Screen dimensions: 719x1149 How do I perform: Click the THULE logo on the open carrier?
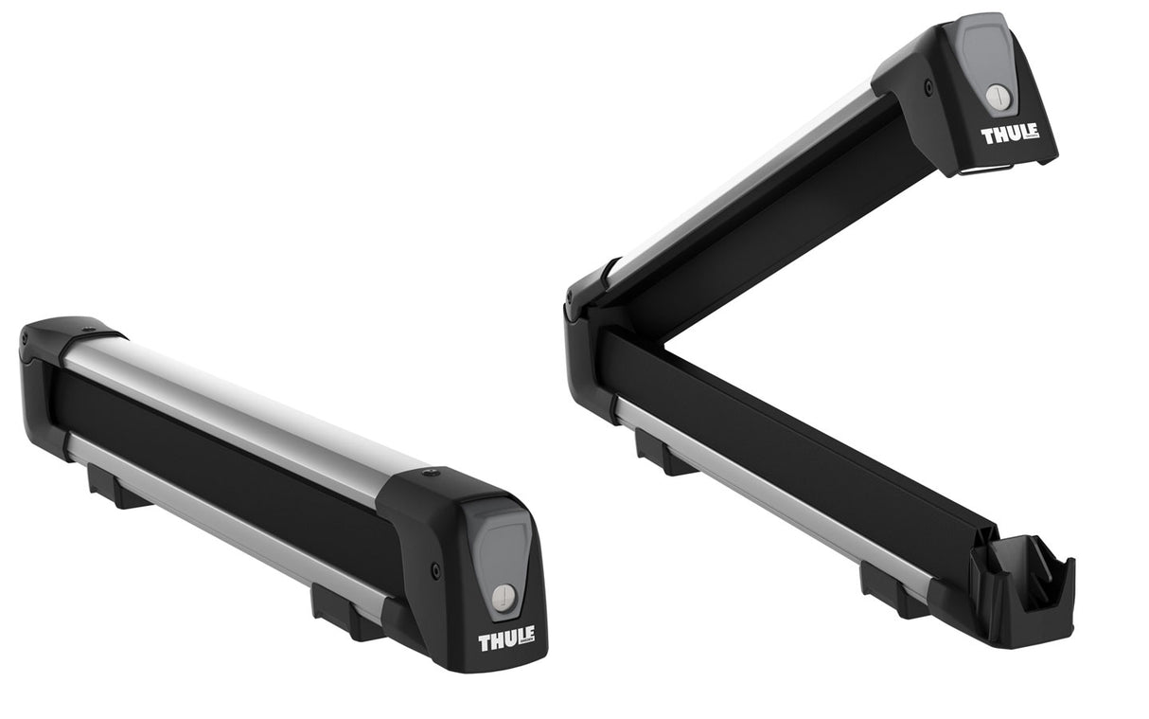click(x=1010, y=134)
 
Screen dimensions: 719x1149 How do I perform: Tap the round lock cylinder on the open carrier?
click(x=998, y=96)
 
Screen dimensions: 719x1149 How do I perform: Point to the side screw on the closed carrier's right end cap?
click(x=435, y=570)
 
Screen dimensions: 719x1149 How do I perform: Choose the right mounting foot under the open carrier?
click(x=886, y=588)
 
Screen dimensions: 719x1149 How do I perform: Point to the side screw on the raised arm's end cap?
click(x=928, y=87)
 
